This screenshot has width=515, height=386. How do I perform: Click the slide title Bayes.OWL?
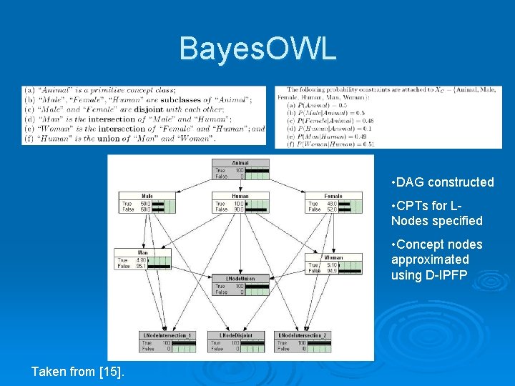coord(257,49)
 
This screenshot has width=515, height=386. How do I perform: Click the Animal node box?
coord(240,170)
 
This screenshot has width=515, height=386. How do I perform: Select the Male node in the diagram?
coord(147,203)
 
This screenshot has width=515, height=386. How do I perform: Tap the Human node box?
coord(240,203)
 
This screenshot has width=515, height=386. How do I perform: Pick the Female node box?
coord(333,203)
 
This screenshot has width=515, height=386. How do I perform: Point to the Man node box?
coord(143,259)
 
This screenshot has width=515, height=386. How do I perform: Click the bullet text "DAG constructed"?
coord(442,182)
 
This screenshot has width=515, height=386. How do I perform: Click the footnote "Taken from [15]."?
coord(77,371)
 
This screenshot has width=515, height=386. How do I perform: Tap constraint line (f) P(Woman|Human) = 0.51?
coord(330,144)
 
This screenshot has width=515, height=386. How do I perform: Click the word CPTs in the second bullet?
coord(411,207)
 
